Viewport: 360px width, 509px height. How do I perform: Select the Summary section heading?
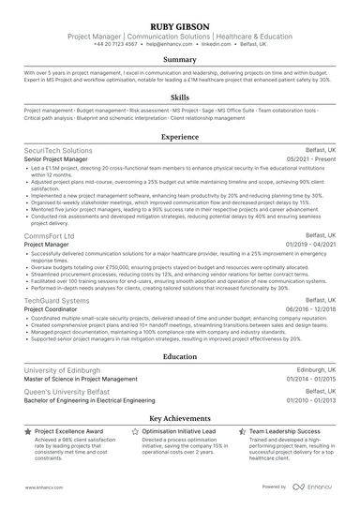180,59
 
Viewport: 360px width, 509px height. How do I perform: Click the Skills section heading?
180,97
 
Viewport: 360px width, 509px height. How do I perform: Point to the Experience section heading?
180,136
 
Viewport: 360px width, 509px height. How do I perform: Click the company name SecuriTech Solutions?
58,150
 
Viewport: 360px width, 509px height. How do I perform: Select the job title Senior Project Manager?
63,159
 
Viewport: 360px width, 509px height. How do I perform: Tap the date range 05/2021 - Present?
309,159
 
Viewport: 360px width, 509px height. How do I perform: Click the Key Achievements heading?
180,418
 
